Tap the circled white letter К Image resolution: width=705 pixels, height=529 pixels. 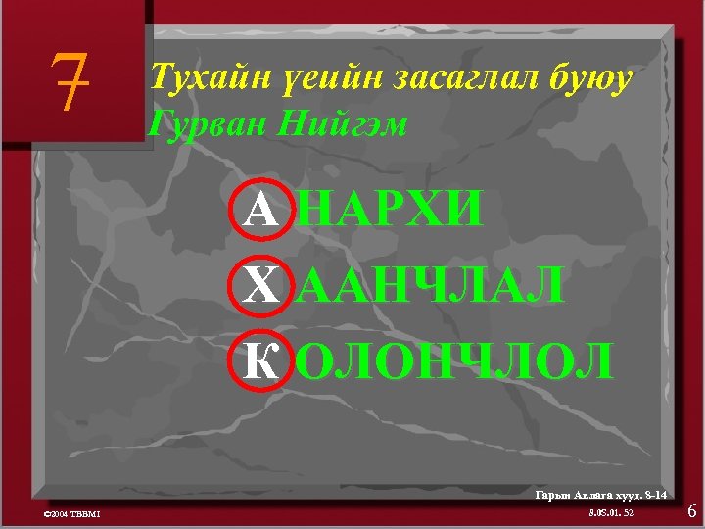click(260, 360)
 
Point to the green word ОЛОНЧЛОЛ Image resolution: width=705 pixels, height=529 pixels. click(454, 360)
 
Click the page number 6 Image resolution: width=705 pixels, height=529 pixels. click(691, 510)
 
